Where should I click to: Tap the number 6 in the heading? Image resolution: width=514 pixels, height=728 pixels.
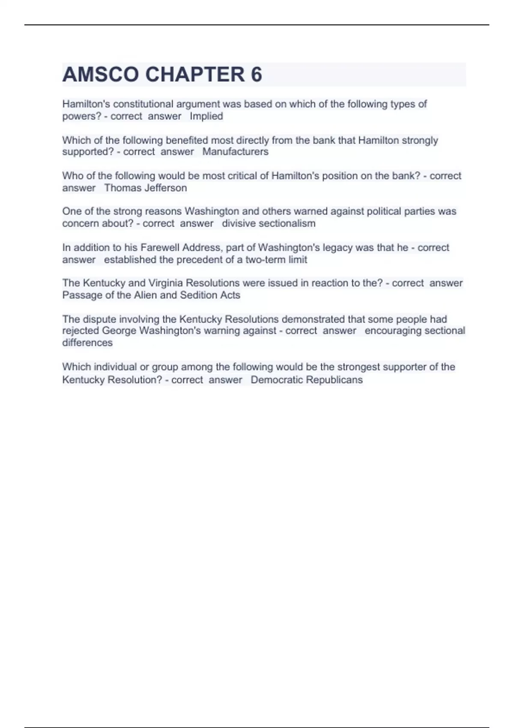[256, 75]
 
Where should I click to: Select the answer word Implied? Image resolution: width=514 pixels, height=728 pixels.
[206, 116]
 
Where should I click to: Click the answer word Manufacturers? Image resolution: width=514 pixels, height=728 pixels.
[235, 152]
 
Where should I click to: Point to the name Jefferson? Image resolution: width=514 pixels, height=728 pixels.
[166, 188]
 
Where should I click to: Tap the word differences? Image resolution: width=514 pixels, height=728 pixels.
[87, 343]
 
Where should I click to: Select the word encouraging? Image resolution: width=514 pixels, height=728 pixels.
[390, 331]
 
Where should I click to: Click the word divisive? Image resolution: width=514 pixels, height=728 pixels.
[238, 223]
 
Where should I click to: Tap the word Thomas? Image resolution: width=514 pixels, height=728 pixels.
[120, 188]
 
